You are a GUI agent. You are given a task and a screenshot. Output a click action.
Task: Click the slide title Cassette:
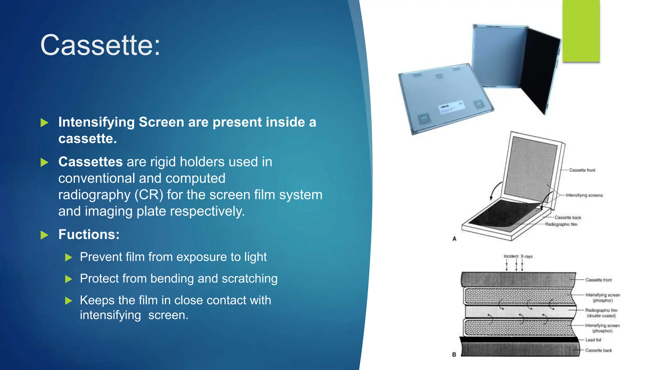(x=100, y=45)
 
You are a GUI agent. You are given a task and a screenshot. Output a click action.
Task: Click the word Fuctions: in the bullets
(x=89, y=234)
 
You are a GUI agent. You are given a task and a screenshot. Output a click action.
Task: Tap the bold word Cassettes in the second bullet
(x=90, y=162)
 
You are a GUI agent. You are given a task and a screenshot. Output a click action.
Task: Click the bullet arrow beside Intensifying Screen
(x=45, y=123)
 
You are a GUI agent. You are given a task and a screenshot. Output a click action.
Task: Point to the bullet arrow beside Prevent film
(x=68, y=258)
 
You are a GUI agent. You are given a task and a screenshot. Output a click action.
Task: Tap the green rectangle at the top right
(x=581, y=31)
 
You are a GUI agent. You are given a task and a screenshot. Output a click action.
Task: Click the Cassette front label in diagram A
(x=582, y=170)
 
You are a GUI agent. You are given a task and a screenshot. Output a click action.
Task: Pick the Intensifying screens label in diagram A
(x=584, y=195)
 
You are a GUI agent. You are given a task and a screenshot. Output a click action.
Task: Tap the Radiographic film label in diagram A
(x=561, y=225)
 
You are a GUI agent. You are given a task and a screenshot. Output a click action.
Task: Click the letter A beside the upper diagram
(x=454, y=239)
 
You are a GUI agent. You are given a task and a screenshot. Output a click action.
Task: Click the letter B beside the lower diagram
(x=454, y=355)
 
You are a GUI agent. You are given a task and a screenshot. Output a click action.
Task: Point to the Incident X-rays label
(x=518, y=256)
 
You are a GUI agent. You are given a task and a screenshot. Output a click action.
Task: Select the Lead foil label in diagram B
(x=593, y=340)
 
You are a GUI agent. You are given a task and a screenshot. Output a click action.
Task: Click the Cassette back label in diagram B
(x=599, y=350)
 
